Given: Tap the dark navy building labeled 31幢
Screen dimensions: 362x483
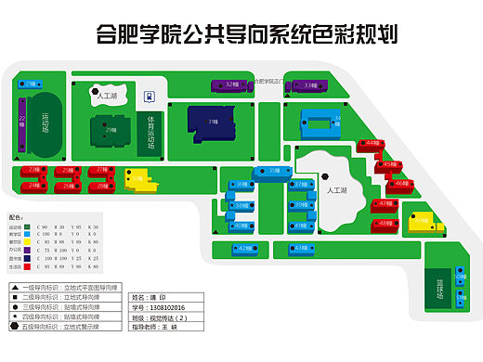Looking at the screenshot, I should pos(211,122).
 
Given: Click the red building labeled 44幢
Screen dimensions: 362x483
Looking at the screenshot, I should pos(371,144).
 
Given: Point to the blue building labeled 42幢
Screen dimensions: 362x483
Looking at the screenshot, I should pos(242,249).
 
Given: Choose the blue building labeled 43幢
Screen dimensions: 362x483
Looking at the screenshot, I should pos(304,249).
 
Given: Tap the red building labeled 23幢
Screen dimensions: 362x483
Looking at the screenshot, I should pos(34,170).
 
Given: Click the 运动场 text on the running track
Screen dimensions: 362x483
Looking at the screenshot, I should pos(45,120).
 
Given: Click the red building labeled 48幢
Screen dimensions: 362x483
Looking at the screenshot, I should pos(383,224).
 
